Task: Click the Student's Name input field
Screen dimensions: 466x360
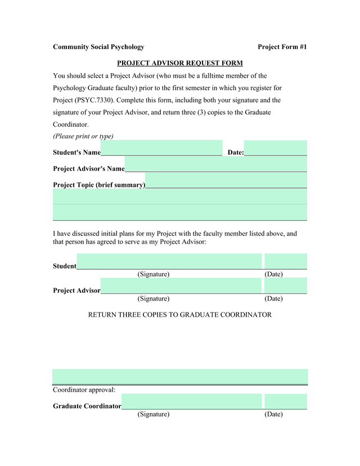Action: pos(161,147)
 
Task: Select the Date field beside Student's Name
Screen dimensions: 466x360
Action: pos(276,147)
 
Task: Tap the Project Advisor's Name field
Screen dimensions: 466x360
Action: pos(215,164)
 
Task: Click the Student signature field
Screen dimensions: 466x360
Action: pos(169,261)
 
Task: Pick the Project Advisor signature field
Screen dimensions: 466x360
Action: pos(181,285)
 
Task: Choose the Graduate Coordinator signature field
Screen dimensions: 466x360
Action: pos(191,401)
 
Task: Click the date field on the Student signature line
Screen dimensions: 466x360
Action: pos(286,261)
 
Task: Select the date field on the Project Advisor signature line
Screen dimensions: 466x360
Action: pos(286,285)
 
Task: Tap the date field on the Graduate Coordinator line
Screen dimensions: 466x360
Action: pos(286,401)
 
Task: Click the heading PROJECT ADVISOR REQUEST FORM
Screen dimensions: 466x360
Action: pos(180,63)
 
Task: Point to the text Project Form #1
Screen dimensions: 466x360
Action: pos(282,47)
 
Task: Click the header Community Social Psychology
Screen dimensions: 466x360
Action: pos(98,47)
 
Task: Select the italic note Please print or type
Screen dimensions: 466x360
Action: pos(83,136)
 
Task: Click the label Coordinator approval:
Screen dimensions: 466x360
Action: pos(84,389)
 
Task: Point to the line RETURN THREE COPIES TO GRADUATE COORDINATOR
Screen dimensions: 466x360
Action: pos(180,315)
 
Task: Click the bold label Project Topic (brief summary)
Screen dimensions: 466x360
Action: pos(99,185)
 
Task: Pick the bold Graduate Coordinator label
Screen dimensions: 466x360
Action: pos(87,406)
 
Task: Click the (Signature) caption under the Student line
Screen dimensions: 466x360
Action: pos(154,274)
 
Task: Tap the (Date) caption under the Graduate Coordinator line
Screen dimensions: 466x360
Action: pos(273,414)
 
